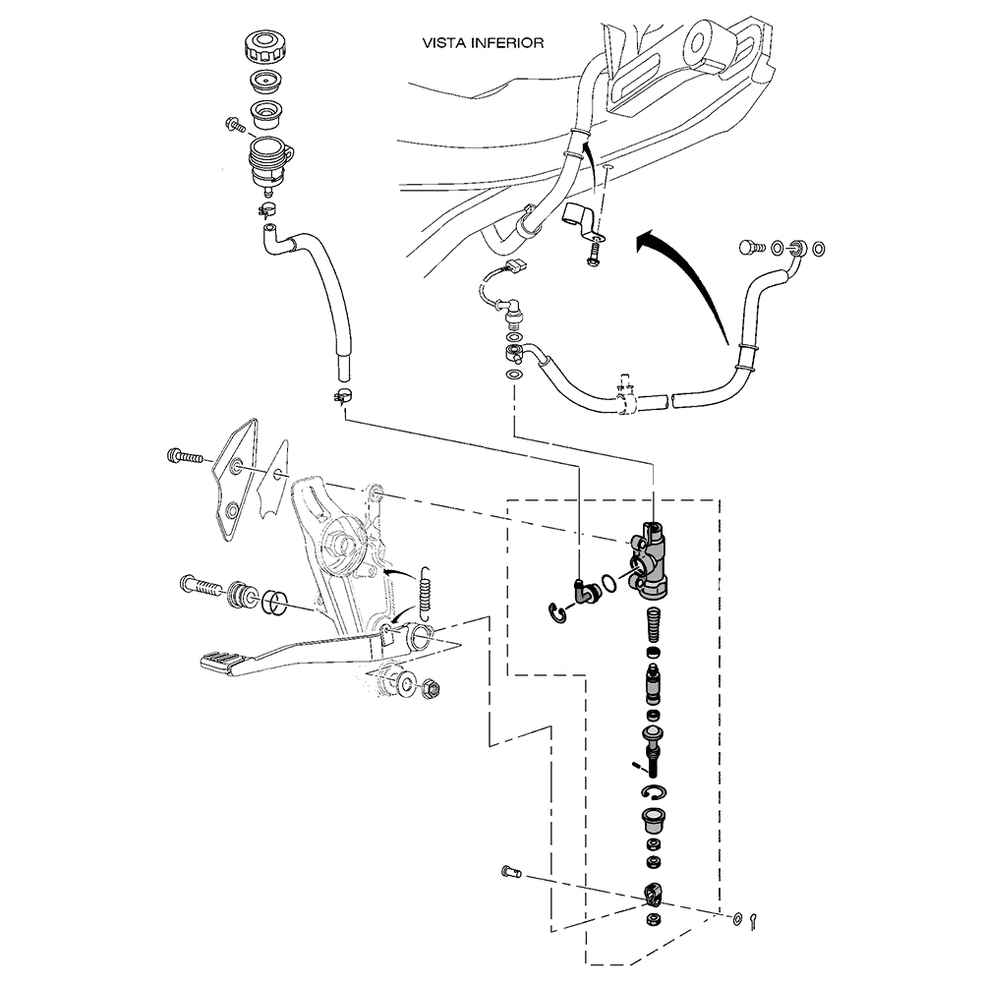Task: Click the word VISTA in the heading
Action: pyautogui.click(x=442, y=43)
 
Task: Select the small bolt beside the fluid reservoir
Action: pyautogui.click(x=235, y=125)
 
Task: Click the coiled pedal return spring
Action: pyautogui.click(x=426, y=590)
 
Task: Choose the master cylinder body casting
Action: pyautogui.click(x=651, y=562)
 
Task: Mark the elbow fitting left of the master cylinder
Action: pyautogui.click(x=590, y=592)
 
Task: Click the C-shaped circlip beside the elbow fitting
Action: pyautogui.click(x=557, y=614)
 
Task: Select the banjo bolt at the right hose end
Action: pyautogui.click(x=752, y=248)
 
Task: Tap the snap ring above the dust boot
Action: pyautogui.click(x=655, y=792)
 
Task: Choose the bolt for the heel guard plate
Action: pyautogui.click(x=185, y=456)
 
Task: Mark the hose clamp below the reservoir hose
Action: pyautogui.click(x=342, y=397)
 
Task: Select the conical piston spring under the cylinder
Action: pyautogui.click(x=651, y=625)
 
